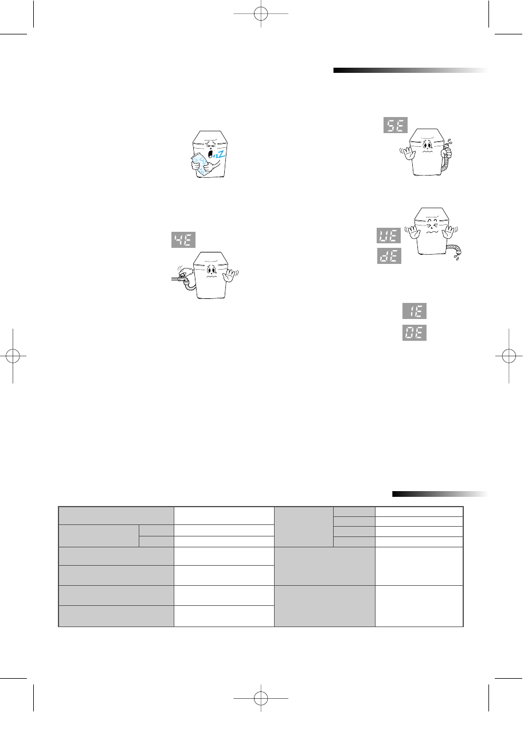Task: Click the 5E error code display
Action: (395, 126)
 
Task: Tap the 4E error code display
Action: (183, 240)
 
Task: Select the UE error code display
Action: (389, 236)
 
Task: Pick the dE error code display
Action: (389, 255)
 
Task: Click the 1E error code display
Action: (414, 312)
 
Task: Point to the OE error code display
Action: (414, 333)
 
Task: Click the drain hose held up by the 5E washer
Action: (448, 158)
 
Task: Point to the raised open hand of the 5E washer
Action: (407, 153)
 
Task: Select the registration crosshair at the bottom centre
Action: (261, 699)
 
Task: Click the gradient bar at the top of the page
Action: (410, 71)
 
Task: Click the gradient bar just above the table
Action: (440, 493)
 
